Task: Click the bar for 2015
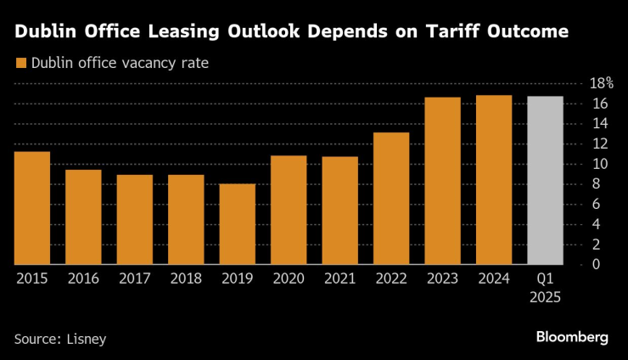click(32, 208)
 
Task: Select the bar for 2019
click(238, 224)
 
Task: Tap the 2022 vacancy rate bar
click(391, 199)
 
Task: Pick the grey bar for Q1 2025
click(545, 181)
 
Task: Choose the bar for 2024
click(494, 180)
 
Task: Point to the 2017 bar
click(135, 220)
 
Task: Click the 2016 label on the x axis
click(83, 279)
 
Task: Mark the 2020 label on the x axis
click(289, 279)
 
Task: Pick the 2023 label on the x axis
click(442, 279)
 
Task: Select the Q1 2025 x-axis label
click(545, 288)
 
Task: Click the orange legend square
click(20, 63)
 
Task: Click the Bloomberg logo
click(572, 337)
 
